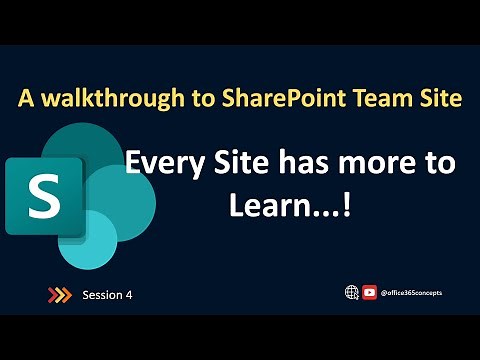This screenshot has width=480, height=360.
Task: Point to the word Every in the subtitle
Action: click(163, 163)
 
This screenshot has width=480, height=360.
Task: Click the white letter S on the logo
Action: click(44, 196)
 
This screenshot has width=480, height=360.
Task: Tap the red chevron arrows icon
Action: click(60, 294)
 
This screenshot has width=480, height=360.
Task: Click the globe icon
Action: click(351, 292)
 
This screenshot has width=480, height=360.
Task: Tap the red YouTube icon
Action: click(369, 292)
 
